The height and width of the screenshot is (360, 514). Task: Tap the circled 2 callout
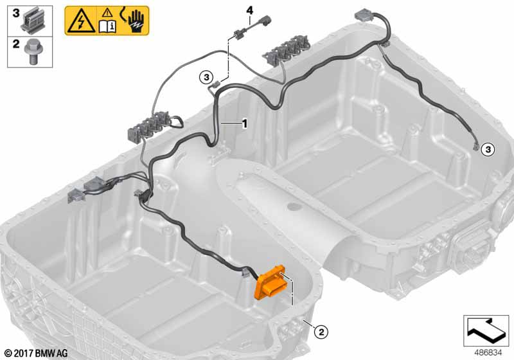point(321,332)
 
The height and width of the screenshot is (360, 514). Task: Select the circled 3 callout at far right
point(488,150)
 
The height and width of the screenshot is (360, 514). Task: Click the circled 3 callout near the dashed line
point(206,77)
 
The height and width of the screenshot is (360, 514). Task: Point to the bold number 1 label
point(244,124)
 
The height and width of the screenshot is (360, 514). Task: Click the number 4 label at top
point(250,10)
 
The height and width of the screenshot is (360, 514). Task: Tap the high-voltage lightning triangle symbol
point(80,22)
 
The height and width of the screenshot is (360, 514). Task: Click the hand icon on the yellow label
point(134,21)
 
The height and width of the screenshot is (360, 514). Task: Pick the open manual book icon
point(107,26)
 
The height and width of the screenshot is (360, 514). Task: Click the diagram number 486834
point(488,353)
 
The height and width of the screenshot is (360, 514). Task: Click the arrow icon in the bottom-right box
point(486,330)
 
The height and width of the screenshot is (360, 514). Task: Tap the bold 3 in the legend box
point(15,14)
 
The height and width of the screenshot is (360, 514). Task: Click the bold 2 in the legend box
point(15,44)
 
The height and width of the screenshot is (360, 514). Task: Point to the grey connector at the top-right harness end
point(362,15)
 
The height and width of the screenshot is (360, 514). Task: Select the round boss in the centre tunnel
point(294,206)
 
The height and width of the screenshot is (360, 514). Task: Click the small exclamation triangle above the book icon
point(107,14)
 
